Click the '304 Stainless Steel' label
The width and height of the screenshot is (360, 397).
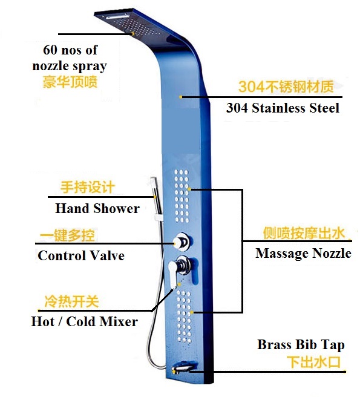pyautogui.click(x=283, y=108)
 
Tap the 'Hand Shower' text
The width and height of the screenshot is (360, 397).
pyautogui.click(x=97, y=209)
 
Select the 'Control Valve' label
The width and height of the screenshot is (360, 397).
pyautogui.click(x=81, y=255)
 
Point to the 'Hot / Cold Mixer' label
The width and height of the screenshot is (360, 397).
pyautogui.click(x=85, y=322)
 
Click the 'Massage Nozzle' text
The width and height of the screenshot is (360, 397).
pyautogui.click(x=303, y=253)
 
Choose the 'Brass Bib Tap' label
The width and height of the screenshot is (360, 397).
pyautogui.click(x=301, y=345)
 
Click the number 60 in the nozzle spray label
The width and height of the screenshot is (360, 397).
pyautogui.click(x=50, y=50)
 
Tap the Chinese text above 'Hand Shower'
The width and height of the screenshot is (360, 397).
pyautogui.click(x=88, y=187)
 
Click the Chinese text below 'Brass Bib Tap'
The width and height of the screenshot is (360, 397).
pyautogui.click(x=313, y=362)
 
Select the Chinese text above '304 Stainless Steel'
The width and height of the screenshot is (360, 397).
pyautogui.click(x=286, y=87)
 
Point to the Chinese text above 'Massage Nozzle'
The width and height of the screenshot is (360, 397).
pyautogui.click(x=304, y=233)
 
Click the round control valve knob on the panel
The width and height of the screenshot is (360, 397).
pyautogui.click(x=182, y=242)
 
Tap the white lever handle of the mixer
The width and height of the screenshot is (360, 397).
pyautogui.click(x=175, y=274)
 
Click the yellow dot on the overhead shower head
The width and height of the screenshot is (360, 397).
pyautogui.click(x=133, y=33)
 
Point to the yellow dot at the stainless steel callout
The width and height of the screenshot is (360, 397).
pyautogui.click(x=180, y=97)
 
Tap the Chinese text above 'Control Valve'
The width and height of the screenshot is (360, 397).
pyautogui.click(x=67, y=235)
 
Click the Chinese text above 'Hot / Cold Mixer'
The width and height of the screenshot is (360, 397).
pyautogui.click(x=71, y=301)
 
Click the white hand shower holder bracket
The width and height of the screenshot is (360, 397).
pyautogui.click(x=159, y=217)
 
